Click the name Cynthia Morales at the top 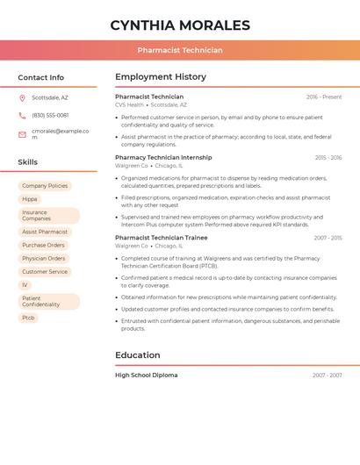pos(180,25)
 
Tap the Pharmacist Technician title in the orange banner pos(180,50)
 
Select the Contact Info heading pos(41,77)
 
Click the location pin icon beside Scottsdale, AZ pos(22,97)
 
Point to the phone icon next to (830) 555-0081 pos(22,115)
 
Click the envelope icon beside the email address pos(22,133)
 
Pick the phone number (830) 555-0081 pos(50,115)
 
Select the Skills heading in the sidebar pos(28,162)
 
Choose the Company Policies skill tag pos(45,186)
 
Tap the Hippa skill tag pos(30,199)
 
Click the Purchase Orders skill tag pos(43,245)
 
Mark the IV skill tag pos(25,284)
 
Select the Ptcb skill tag pos(29,318)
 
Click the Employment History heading pos(161,77)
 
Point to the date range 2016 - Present pos(324,97)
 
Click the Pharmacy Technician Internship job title pos(163,158)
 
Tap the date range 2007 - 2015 pos(328,238)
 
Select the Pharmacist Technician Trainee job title pos(162,238)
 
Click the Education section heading pos(138,355)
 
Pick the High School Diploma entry pos(146,376)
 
